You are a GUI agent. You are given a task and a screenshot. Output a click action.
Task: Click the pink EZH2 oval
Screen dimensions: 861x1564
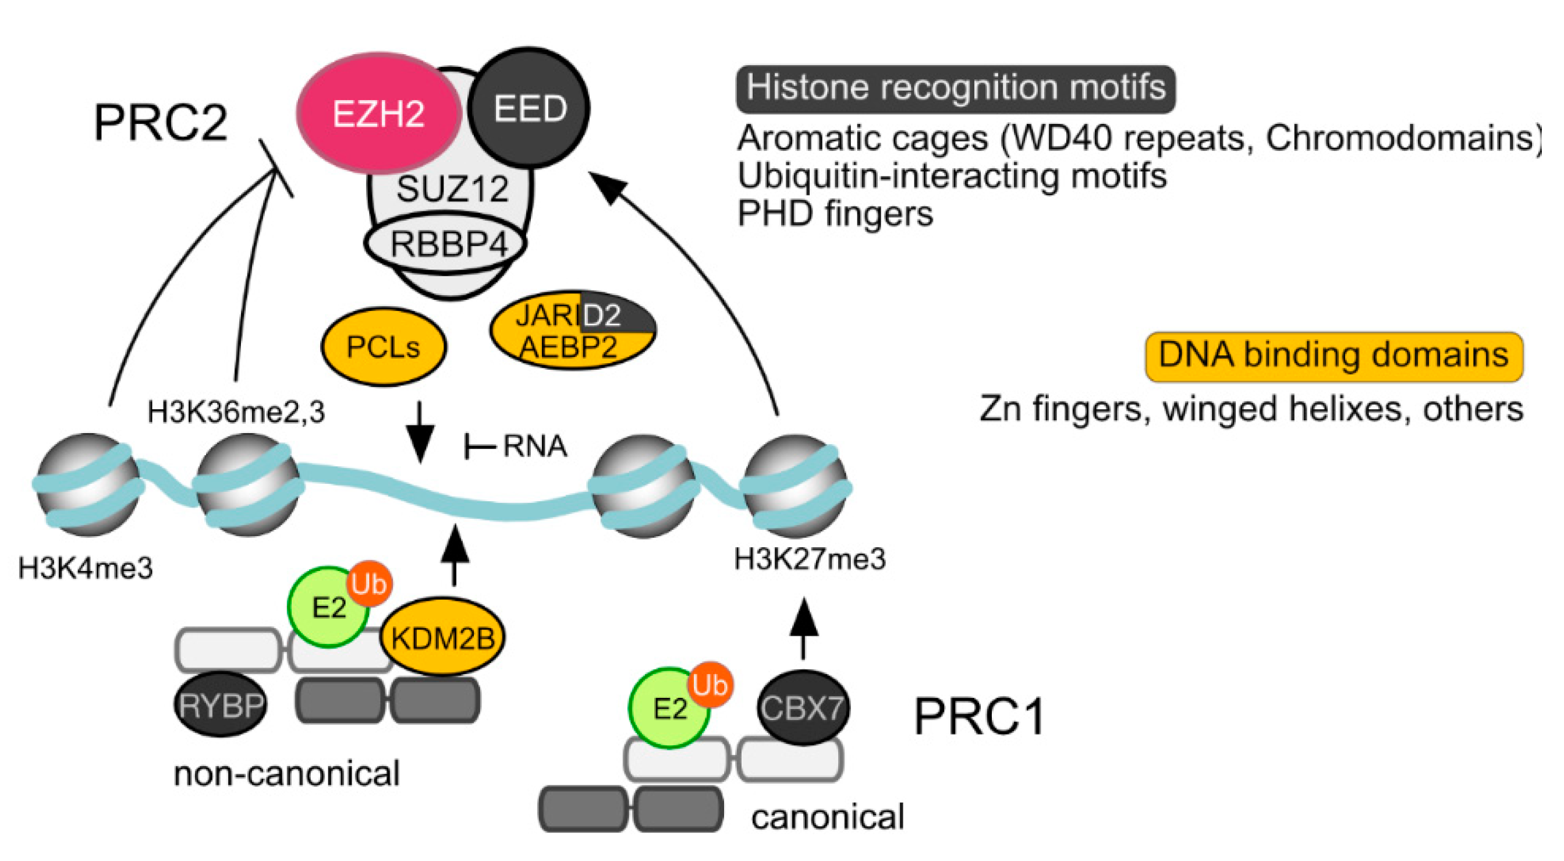pos(378,113)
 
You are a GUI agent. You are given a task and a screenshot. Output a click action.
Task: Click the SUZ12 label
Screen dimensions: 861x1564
pos(452,189)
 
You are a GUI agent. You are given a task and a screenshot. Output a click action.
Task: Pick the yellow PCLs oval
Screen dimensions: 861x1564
pos(383,348)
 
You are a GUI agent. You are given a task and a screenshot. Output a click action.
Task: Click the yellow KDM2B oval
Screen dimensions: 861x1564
pos(442,638)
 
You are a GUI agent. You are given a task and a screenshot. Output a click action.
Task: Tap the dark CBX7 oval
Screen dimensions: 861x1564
pos(803,708)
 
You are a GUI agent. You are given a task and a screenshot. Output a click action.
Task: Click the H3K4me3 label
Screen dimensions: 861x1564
pos(86,569)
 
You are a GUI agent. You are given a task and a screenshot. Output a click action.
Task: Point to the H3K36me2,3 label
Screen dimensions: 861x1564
pos(236,412)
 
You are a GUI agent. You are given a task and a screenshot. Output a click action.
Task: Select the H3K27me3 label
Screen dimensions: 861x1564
pos(810,559)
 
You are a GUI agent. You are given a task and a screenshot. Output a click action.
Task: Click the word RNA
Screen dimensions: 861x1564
pos(535,447)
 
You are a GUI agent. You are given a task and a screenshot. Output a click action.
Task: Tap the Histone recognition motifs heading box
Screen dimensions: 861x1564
pos(956,88)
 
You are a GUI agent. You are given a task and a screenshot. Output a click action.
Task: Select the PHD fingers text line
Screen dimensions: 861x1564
pos(835,214)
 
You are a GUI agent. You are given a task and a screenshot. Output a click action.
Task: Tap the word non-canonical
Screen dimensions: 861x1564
pos(286,774)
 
